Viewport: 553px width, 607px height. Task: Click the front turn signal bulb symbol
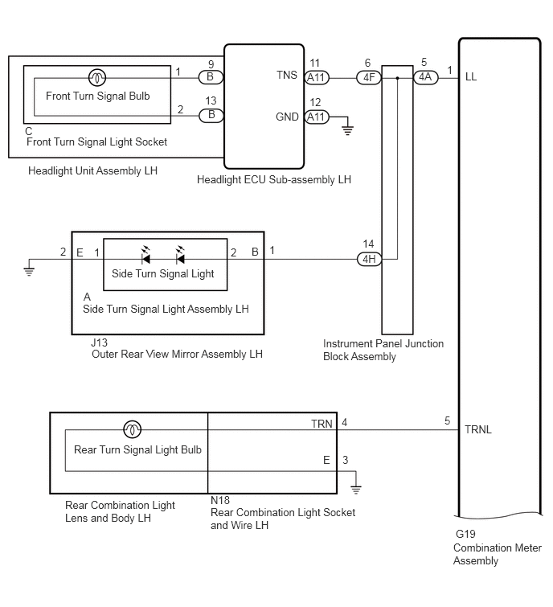click(x=97, y=78)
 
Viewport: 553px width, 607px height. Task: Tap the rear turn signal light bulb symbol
click(x=132, y=429)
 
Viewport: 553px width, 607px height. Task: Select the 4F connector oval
click(x=369, y=78)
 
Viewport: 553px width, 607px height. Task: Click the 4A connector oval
click(x=425, y=77)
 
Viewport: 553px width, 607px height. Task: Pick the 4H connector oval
click(x=369, y=259)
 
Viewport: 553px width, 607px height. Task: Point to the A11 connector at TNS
click(x=317, y=78)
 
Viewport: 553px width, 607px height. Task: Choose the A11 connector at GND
click(x=317, y=117)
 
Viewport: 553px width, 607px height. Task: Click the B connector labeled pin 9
click(x=211, y=77)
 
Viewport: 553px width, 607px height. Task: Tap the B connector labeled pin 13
click(x=211, y=115)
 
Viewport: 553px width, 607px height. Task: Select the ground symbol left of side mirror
click(x=29, y=271)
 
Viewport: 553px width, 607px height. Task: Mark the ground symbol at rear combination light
click(x=355, y=490)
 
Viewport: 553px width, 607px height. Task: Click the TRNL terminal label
click(x=478, y=429)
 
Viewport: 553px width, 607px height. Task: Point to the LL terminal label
click(x=471, y=77)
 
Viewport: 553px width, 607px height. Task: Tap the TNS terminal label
click(x=287, y=75)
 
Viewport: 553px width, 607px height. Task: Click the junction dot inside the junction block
click(x=397, y=78)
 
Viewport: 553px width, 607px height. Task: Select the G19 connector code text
click(x=465, y=534)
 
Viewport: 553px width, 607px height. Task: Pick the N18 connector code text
click(x=220, y=500)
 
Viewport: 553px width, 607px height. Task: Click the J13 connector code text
click(x=100, y=342)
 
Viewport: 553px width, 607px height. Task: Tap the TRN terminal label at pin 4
click(x=322, y=424)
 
